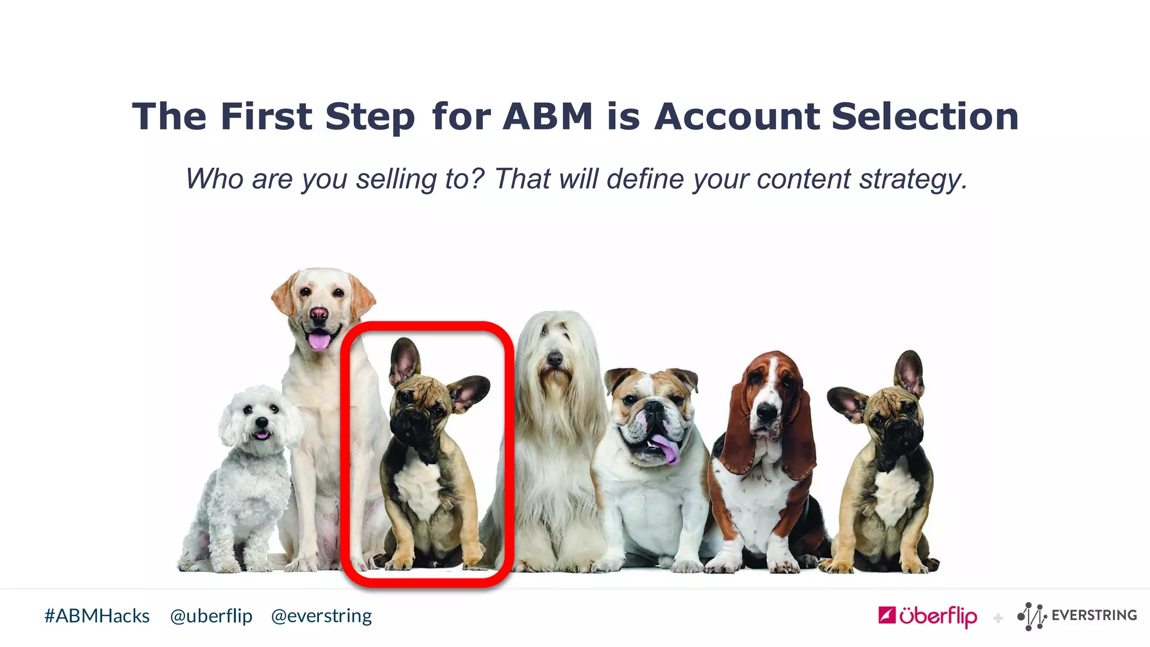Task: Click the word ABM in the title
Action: coord(547,117)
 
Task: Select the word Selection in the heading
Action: coord(925,117)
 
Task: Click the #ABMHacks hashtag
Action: coord(97,616)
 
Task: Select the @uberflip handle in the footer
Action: coord(211,616)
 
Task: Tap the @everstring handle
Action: coord(321,616)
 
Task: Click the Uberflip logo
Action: coord(928,616)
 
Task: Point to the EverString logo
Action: coord(1077,616)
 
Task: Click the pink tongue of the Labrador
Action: coord(319,340)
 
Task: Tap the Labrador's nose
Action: coord(319,313)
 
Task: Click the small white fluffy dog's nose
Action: coord(261,422)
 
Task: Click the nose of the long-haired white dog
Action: coord(555,358)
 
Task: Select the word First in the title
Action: coord(266,117)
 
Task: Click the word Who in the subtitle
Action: coord(214,180)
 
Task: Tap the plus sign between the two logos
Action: coord(998,618)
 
